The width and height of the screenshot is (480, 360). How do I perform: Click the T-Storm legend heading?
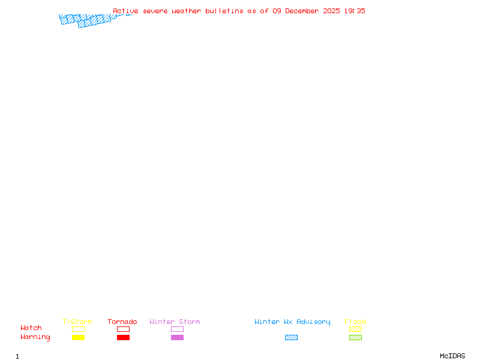[x=77, y=322]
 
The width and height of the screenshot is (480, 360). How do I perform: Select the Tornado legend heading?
[x=122, y=322]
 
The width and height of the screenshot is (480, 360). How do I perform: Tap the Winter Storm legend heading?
[x=175, y=322]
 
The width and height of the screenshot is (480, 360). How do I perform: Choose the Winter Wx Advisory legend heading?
[x=292, y=322]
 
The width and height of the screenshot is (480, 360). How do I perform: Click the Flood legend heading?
[x=355, y=322]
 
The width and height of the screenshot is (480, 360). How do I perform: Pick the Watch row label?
[x=31, y=328]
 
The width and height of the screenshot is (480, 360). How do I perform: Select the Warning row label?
[x=35, y=337]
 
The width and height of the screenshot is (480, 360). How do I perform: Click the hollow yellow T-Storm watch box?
[x=78, y=329]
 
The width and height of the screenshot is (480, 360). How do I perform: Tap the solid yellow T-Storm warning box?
[x=78, y=338]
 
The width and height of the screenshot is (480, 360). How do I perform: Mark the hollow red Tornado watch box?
[x=123, y=329]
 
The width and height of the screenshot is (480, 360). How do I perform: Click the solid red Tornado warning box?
[x=123, y=338]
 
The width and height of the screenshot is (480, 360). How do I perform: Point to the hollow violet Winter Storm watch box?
[x=177, y=329]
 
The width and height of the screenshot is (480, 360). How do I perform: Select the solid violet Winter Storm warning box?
[x=177, y=338]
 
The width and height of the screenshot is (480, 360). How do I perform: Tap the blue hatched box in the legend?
[x=291, y=338]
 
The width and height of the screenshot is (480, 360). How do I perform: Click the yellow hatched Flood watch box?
[x=355, y=329]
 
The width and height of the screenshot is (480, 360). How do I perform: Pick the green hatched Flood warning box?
[x=355, y=338]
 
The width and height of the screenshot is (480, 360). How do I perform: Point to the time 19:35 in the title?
[x=354, y=11]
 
